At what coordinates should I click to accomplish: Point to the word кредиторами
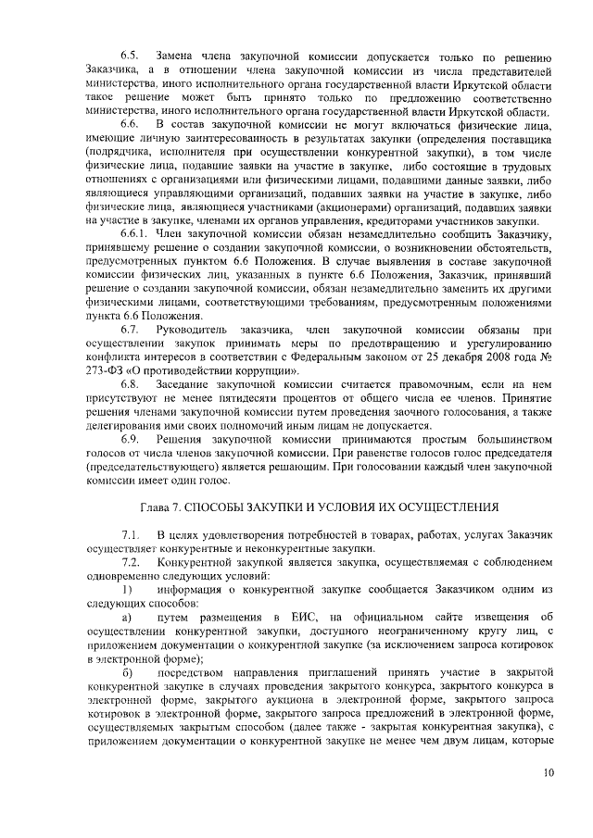pos(385,223)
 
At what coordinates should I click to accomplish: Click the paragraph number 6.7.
pos(130,330)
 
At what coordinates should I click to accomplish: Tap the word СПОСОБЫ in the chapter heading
pos(214,507)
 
